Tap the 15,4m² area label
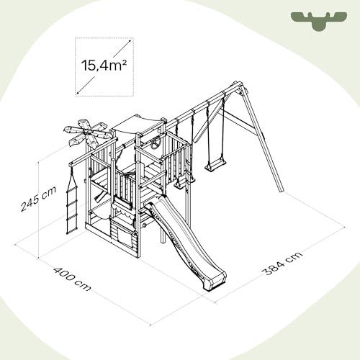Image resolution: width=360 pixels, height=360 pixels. (104, 65)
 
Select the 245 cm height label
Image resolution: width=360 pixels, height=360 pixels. (38, 199)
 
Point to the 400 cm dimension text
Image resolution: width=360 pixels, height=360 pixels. (72, 279)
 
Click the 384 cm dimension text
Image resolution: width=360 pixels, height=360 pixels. (282, 264)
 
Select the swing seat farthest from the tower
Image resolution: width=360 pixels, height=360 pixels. (215, 166)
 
